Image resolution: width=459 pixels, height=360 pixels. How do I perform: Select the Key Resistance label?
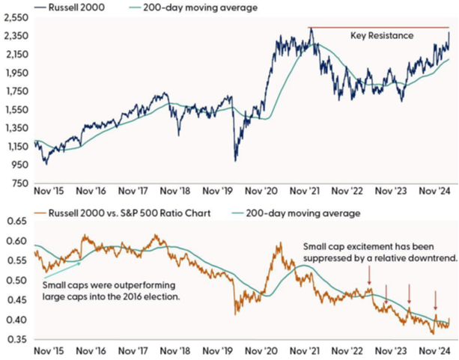coord(381,34)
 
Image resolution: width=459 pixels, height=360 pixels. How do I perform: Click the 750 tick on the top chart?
coord(20,183)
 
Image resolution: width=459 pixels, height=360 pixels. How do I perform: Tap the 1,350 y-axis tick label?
coord(16,128)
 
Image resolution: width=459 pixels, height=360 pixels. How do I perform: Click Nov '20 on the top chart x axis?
coord(261,193)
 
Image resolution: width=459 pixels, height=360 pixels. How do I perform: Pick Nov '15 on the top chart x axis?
coord(50,193)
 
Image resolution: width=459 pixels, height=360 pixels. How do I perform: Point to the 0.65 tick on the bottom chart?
coord(18,222)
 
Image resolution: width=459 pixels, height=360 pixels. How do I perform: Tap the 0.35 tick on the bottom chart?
coord(18,340)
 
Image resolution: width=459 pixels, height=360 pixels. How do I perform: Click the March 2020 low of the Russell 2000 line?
coord(235,159)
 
